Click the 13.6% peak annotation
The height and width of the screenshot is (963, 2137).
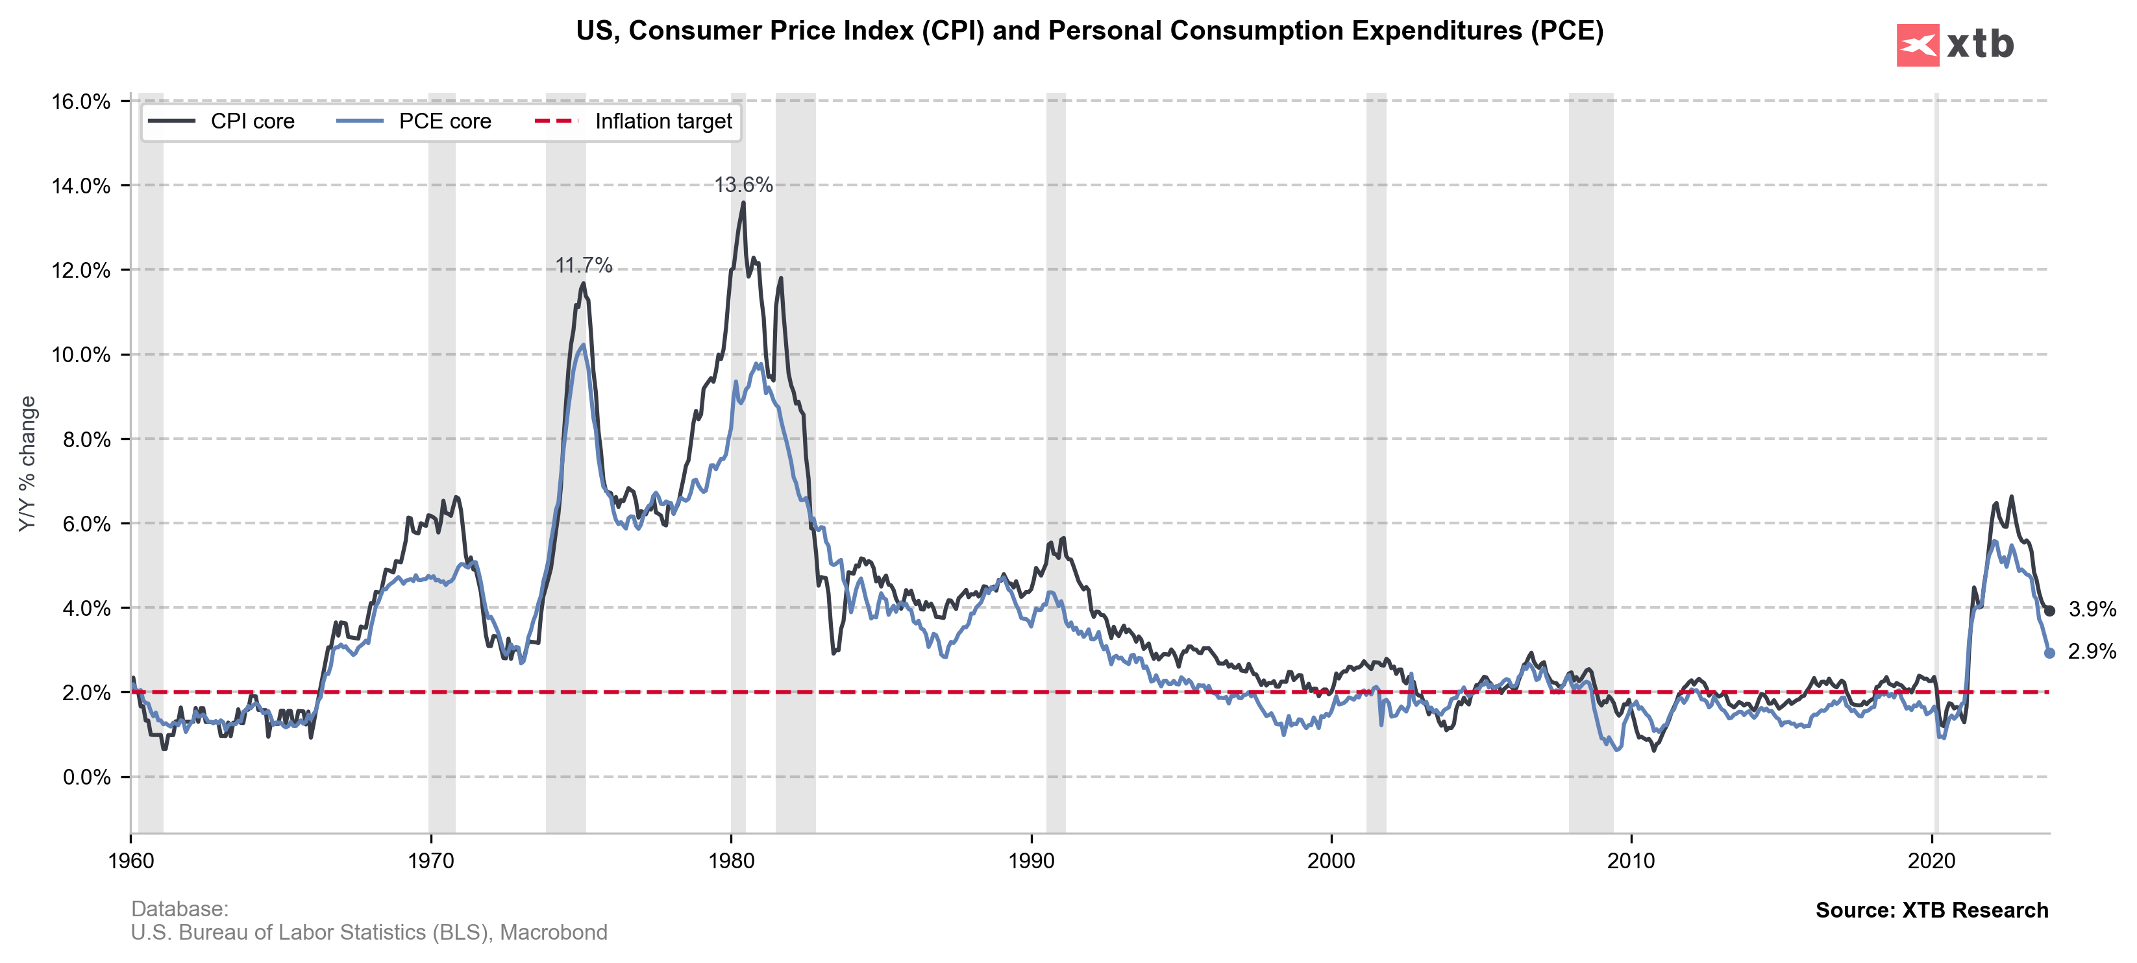coord(743,185)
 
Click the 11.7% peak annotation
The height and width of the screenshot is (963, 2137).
coord(583,265)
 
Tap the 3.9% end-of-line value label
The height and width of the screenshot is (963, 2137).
coord(2092,609)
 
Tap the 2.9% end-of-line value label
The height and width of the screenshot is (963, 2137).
coord(2092,652)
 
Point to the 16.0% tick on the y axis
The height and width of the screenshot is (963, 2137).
coord(80,102)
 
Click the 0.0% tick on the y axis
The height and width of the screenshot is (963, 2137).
coord(86,778)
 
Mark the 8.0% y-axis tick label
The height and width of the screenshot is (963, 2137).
coord(86,439)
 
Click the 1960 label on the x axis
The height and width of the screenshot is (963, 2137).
coord(131,861)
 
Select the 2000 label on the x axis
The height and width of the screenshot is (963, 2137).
coord(1331,861)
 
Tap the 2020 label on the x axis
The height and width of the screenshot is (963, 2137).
coord(1931,861)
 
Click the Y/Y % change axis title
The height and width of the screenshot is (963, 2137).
coord(27,464)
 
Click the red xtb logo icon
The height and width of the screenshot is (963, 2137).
coord(1917,45)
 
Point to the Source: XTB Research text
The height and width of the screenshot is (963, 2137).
coord(1931,910)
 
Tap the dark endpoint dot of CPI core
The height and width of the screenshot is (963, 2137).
coord(2049,611)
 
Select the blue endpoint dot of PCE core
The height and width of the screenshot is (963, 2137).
coord(2049,653)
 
